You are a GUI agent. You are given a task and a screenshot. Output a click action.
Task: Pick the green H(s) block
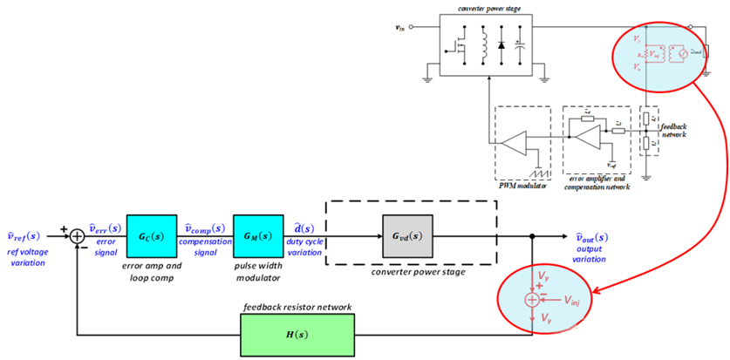[x=297, y=335]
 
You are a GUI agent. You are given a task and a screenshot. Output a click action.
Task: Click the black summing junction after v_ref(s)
[x=77, y=236]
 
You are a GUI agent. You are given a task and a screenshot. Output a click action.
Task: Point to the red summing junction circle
[x=532, y=299]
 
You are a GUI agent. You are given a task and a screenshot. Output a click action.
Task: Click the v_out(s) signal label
[x=595, y=236]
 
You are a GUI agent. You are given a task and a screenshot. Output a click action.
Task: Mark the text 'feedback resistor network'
[x=299, y=307]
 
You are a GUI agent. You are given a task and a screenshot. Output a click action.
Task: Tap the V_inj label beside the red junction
[x=572, y=299]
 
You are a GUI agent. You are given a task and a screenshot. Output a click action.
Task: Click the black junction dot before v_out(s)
[x=532, y=236]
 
